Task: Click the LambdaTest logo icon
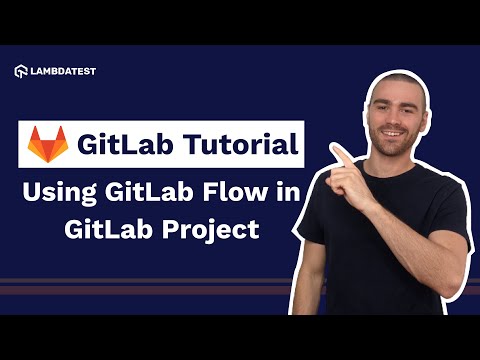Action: (20, 71)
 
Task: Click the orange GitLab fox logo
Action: (49, 145)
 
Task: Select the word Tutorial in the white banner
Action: (236, 146)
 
